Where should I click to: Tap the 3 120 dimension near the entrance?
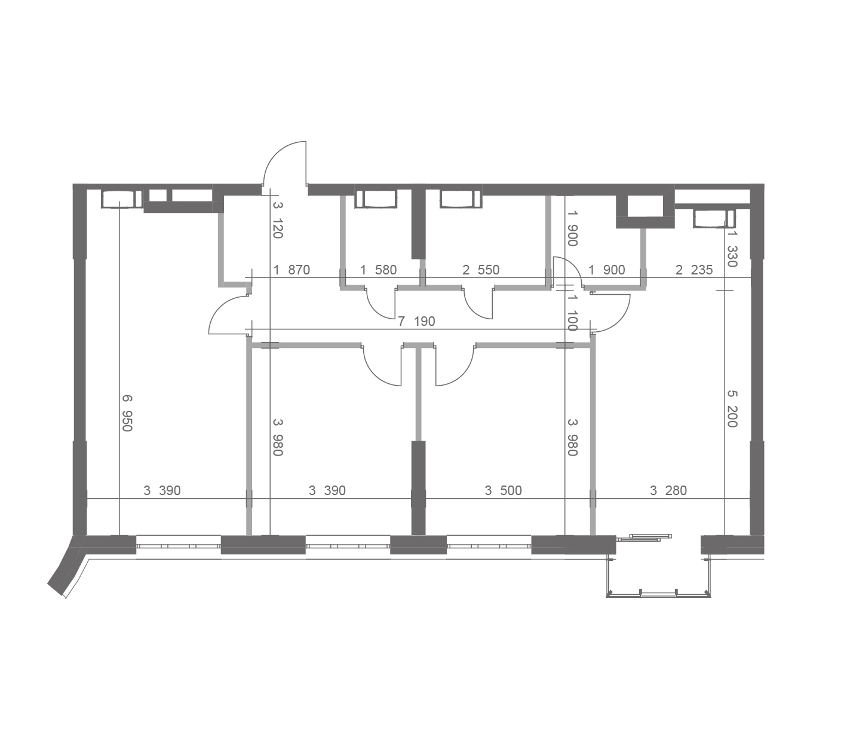[278, 220]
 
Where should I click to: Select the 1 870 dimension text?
[291, 270]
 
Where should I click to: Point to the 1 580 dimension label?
[378, 270]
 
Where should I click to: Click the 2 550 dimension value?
[481, 270]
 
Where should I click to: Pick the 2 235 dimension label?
[694, 270]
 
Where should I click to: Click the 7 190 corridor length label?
[416, 321]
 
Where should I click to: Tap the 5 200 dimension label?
[732, 408]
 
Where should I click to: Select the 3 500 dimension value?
[503, 490]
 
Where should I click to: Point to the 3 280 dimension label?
[668, 490]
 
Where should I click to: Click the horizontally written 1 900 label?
[607, 270]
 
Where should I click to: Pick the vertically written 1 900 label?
[572, 228]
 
